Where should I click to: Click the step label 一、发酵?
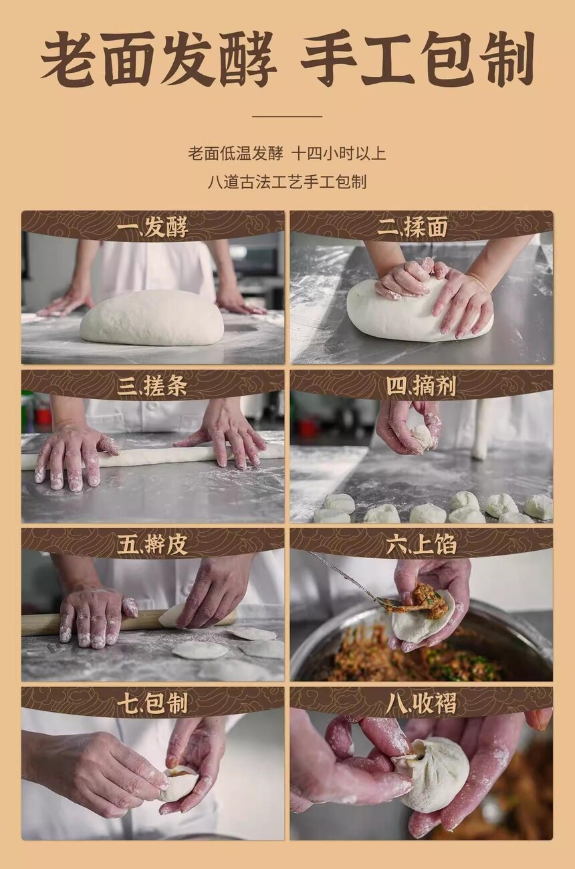click(x=152, y=227)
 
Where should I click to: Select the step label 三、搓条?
click(x=152, y=386)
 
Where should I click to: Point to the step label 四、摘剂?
click(x=421, y=386)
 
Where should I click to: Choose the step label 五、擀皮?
click(x=152, y=545)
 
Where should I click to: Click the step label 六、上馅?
click(x=421, y=544)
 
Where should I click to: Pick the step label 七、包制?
click(x=152, y=703)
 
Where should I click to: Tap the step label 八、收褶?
click(x=421, y=703)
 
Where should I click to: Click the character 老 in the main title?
click(x=70, y=58)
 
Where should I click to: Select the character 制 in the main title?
click(x=507, y=58)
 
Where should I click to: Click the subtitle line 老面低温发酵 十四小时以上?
click(x=287, y=154)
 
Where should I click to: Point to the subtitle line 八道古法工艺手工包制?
click(x=287, y=182)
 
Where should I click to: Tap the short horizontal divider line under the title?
click(x=287, y=116)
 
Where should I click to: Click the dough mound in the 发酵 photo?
click(x=152, y=317)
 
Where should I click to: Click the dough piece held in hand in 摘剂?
click(x=421, y=437)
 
